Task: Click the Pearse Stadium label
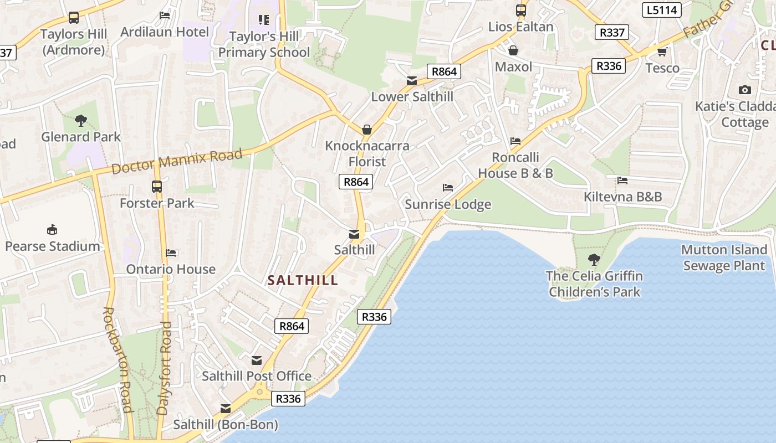53,246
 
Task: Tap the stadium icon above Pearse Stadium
52,229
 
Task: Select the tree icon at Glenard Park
81,120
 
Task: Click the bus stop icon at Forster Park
157,187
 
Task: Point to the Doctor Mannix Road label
177,161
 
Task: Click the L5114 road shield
661,10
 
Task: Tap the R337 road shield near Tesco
612,32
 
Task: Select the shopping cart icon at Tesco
662,52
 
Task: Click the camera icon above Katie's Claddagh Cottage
744,90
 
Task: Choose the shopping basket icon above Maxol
513,51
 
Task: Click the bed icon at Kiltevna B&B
622,181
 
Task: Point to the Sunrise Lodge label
448,204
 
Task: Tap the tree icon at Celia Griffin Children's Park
594,259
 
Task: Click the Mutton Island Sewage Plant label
724,257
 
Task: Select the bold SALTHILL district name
303,280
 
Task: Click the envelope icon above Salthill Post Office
256,360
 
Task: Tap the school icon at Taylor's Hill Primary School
263,20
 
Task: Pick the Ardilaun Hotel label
165,32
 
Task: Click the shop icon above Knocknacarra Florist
366,130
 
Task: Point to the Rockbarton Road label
117,360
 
